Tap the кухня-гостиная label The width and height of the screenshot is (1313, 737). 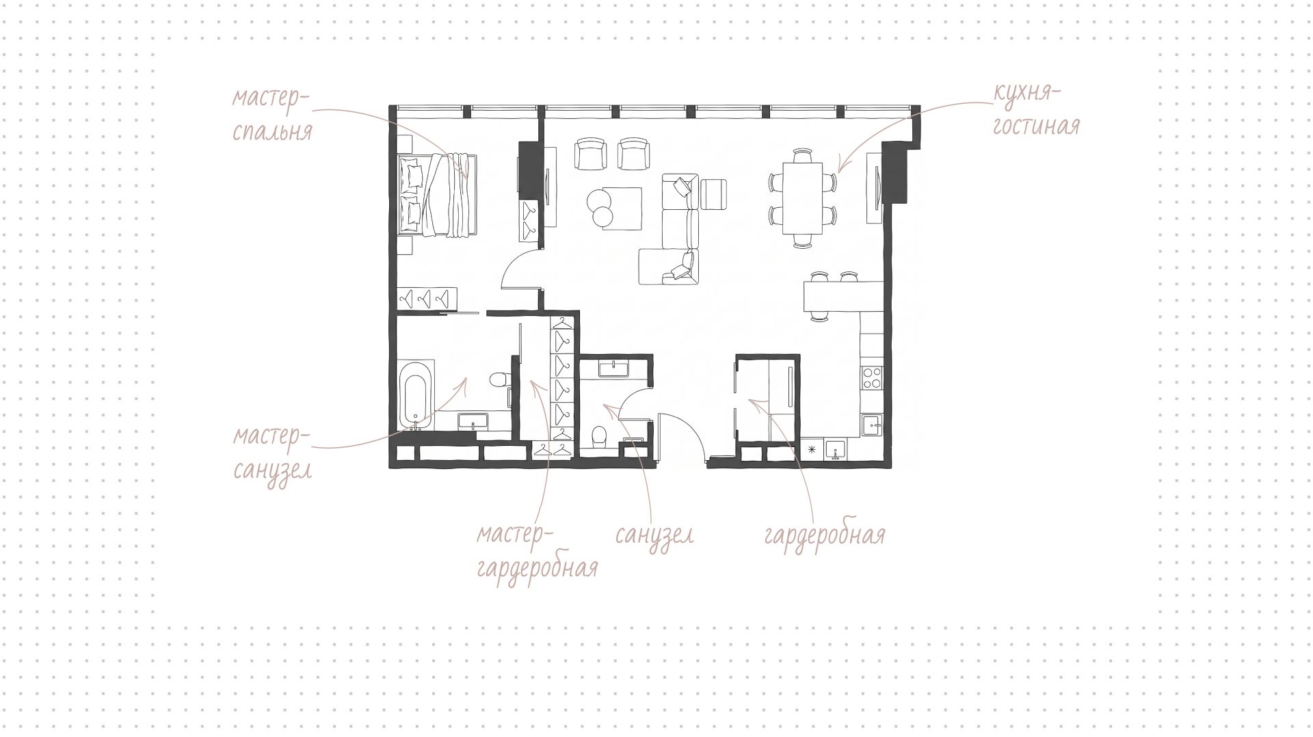click(x=1036, y=109)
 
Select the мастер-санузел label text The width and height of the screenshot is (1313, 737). click(x=272, y=453)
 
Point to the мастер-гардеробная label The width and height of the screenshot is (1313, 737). click(x=538, y=551)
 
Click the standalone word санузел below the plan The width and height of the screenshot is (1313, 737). click(x=654, y=535)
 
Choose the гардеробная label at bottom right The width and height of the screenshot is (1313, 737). click(x=825, y=535)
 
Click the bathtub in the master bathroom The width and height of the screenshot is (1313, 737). click(x=416, y=394)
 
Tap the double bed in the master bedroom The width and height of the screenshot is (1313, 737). click(x=438, y=196)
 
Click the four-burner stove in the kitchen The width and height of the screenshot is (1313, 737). click(x=873, y=378)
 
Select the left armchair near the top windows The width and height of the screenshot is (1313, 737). click(x=590, y=154)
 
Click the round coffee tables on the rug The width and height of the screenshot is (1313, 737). click(x=601, y=208)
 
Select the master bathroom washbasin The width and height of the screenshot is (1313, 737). click(x=472, y=421)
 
